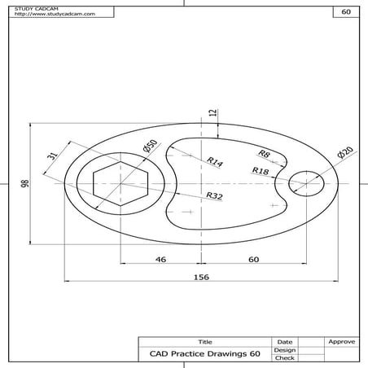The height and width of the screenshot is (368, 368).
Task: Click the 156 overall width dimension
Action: click(201, 278)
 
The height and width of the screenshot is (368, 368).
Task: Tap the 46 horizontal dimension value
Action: click(160, 259)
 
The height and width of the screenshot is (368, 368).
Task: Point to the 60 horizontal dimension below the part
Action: click(253, 259)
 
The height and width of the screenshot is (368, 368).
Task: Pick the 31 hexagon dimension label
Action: click(52, 157)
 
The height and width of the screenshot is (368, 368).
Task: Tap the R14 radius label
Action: click(214, 162)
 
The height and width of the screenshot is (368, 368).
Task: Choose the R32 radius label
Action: click(214, 196)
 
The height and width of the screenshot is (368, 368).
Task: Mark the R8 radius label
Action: click(264, 154)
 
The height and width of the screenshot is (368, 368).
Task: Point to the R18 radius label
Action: click(261, 171)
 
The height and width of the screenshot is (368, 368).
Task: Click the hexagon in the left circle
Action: click(119, 185)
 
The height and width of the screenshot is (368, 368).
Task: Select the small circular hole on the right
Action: click(307, 183)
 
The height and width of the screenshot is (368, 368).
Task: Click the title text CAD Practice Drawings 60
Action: click(205, 354)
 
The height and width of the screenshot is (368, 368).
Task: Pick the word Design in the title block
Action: click(285, 350)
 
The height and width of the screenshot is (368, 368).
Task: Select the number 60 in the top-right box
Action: click(346, 12)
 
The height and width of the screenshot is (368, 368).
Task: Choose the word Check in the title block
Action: click(285, 357)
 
